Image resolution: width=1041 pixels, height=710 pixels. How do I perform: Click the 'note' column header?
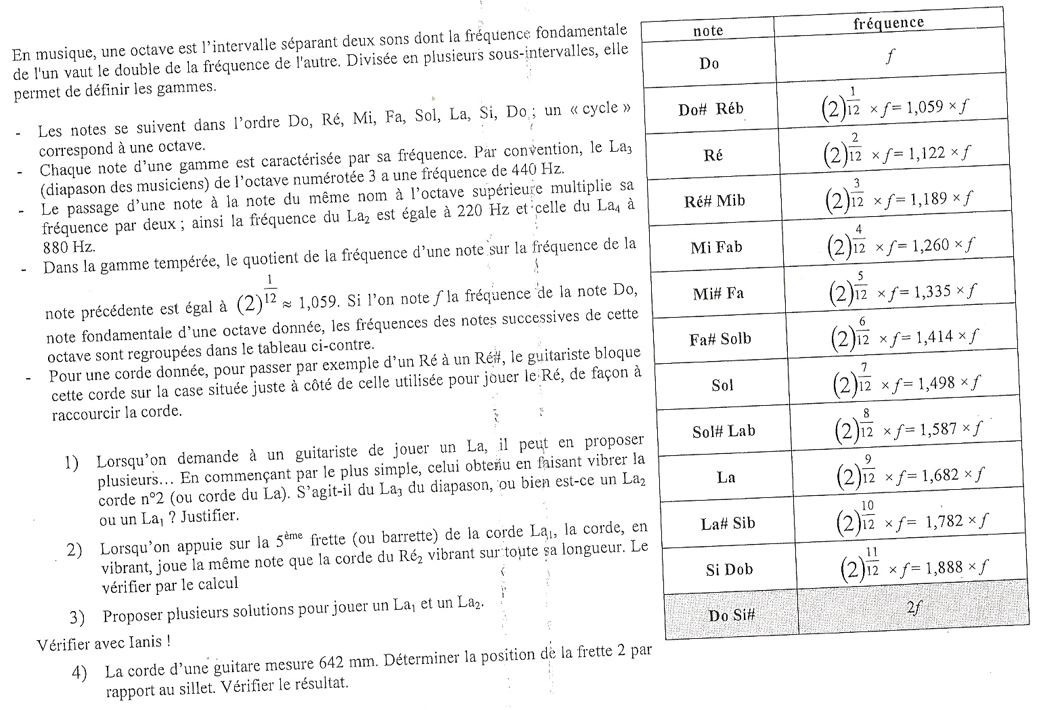coord(708,30)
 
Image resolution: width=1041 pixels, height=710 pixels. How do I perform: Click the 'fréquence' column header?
coord(888,22)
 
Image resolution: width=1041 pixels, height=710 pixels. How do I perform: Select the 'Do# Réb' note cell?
coord(711,109)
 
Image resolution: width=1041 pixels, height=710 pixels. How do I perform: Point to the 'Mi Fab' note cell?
coord(716,247)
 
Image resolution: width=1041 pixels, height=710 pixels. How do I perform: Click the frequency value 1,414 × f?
coord(946,337)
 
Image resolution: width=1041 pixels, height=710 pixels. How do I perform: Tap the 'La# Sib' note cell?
coord(728,523)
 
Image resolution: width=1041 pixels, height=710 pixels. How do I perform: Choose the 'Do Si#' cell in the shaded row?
coord(731,615)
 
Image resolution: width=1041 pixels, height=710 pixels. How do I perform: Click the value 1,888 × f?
coord(954,567)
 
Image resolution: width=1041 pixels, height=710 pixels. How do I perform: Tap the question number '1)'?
coord(72,463)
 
